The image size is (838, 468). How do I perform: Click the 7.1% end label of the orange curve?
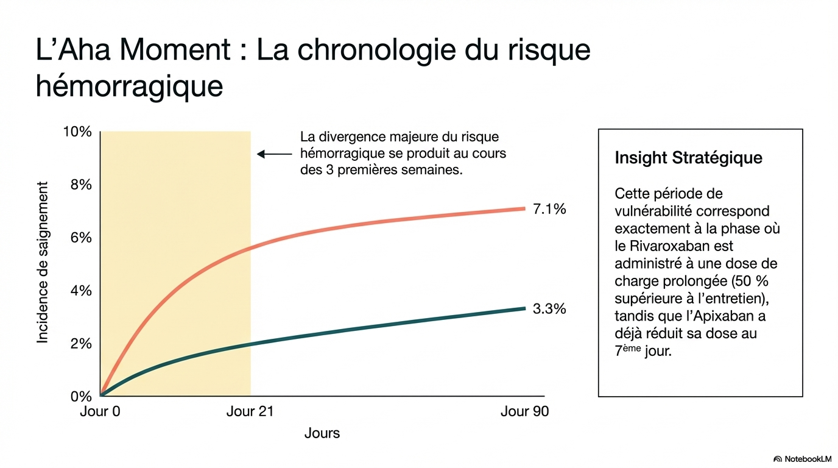pos(549,210)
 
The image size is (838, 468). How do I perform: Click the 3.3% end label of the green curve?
pos(549,309)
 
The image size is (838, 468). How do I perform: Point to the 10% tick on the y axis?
pos(77,132)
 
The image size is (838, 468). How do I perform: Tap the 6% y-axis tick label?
pos(81,238)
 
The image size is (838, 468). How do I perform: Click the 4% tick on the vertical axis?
pos(81,291)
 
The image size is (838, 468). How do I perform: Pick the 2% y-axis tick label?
pos(81,344)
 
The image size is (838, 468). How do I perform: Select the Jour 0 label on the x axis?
pos(100,411)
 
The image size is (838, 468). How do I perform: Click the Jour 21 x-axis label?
pos(250,411)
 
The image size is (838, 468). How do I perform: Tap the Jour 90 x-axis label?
pos(524,411)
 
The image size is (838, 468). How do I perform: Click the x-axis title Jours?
pos(322,433)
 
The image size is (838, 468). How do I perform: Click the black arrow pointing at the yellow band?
pos(274,154)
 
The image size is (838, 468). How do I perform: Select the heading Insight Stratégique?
pos(688,158)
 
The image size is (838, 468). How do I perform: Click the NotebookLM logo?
pos(803,458)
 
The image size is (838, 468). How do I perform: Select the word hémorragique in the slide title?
pos(129,86)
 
